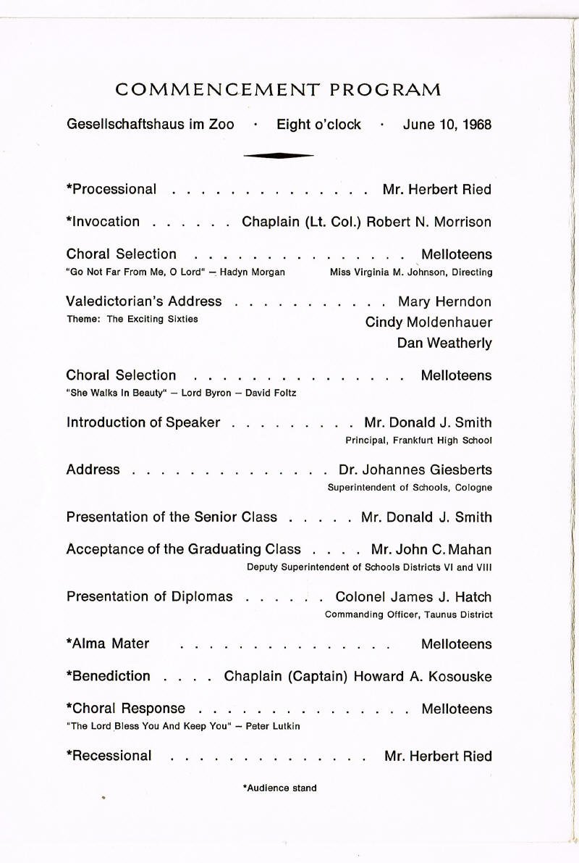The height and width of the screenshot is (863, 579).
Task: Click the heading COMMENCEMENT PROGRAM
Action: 279,90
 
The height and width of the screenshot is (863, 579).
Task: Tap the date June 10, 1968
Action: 447,125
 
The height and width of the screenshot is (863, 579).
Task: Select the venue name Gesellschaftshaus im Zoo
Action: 151,125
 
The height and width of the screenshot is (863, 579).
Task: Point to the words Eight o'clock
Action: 318,125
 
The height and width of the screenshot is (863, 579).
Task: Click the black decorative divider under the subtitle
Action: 279,154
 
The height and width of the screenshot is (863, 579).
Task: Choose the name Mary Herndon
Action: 444,301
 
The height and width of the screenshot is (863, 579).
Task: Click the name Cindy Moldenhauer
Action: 428,322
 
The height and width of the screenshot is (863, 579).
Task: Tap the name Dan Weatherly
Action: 444,343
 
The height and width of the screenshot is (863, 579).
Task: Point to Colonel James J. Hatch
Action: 413,597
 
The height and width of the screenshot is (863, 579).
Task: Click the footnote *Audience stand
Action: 279,788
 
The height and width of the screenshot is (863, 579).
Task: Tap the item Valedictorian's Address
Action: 144,301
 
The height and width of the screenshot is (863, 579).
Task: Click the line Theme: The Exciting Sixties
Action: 132,320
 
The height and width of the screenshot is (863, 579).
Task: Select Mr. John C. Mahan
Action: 431,549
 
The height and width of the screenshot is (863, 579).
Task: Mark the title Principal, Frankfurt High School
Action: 418,440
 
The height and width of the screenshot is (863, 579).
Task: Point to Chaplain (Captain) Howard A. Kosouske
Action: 358,676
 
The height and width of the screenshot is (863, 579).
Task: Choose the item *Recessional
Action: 109,756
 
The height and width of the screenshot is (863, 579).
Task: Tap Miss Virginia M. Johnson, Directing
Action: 410,272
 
